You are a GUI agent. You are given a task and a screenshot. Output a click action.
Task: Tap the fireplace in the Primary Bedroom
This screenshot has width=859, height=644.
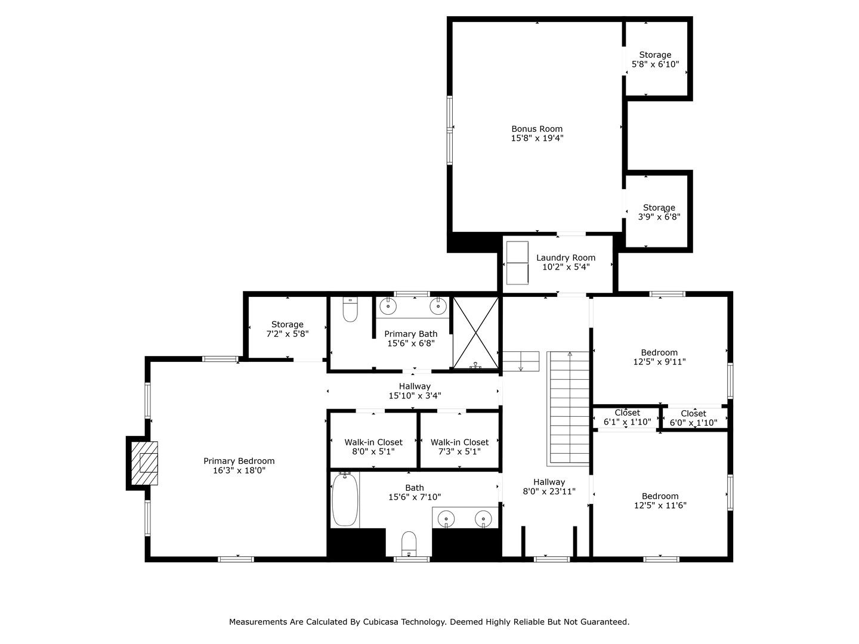(x=144, y=463)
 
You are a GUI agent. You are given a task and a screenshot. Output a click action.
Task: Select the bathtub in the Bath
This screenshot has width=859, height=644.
(x=345, y=499)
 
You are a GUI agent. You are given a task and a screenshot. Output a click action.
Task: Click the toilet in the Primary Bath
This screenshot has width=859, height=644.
(x=350, y=309)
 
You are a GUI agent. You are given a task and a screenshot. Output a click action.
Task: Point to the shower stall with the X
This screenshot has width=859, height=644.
(x=475, y=333)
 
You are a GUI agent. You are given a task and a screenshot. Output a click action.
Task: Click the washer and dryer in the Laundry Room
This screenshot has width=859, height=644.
(x=517, y=263)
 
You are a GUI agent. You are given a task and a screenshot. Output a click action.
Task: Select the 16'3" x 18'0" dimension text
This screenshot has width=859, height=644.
(x=239, y=470)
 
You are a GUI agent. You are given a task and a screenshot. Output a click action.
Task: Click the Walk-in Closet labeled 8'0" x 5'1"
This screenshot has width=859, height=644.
(x=373, y=447)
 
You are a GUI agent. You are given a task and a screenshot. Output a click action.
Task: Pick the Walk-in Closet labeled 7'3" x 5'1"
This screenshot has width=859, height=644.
(x=459, y=447)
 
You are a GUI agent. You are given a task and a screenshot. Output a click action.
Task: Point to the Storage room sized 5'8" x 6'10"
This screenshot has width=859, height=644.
(x=655, y=60)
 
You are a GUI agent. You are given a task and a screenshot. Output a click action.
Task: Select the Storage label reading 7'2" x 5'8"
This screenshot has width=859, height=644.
(x=288, y=329)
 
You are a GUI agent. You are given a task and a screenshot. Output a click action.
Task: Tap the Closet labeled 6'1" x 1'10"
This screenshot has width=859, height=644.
(x=628, y=417)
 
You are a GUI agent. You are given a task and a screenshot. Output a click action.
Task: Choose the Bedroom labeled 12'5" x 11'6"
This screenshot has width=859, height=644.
(x=660, y=500)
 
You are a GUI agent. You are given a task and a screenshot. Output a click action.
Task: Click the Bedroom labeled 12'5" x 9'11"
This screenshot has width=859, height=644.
(x=659, y=357)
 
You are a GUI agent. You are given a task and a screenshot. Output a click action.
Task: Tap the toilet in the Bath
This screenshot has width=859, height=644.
(x=409, y=544)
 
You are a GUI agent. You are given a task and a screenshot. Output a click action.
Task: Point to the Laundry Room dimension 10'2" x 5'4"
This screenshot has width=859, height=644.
(x=566, y=267)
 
